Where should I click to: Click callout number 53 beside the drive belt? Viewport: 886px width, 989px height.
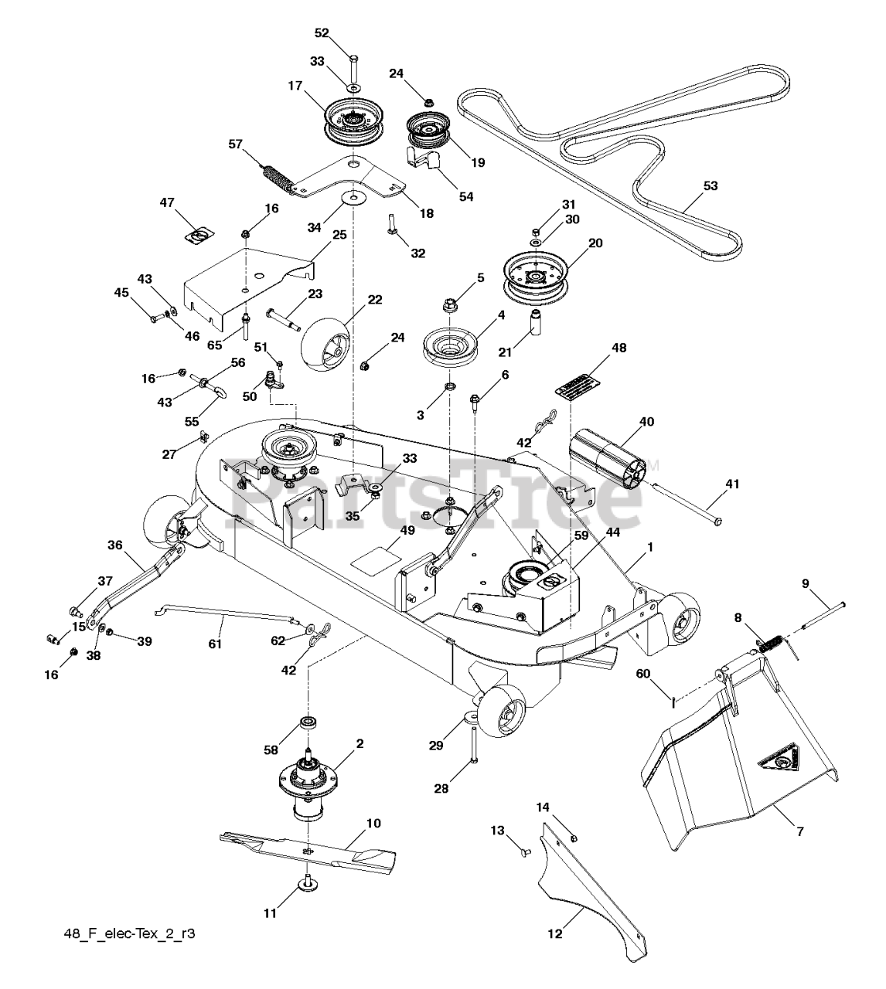[x=711, y=185]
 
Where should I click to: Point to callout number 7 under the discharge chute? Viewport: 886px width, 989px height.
[x=800, y=831]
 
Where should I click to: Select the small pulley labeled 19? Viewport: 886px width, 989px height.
[x=427, y=131]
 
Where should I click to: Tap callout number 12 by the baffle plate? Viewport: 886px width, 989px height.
[x=555, y=933]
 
